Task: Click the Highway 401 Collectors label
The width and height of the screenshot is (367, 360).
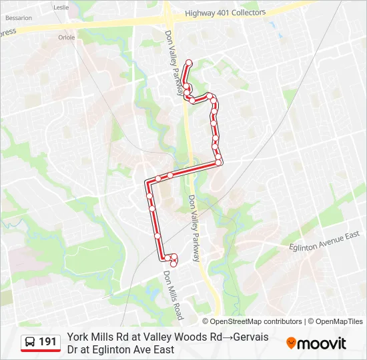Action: click(225, 13)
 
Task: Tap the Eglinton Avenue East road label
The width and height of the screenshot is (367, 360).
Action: click(324, 241)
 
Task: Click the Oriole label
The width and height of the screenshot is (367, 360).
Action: click(67, 37)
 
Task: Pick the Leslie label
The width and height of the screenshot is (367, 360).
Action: click(61, 7)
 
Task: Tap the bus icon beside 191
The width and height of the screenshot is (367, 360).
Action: click(30, 342)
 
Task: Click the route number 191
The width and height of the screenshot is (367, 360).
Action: click(48, 342)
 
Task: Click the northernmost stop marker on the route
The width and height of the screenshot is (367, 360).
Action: click(189, 63)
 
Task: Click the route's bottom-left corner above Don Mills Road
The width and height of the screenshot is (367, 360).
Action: click(161, 259)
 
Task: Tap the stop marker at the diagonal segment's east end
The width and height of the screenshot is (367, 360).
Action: click(218, 163)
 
